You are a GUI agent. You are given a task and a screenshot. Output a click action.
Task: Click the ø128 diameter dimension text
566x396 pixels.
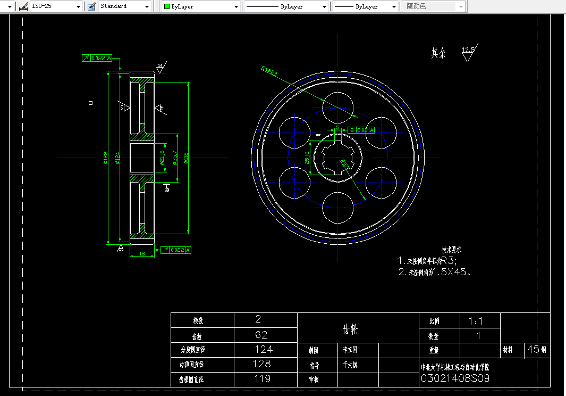[105, 158]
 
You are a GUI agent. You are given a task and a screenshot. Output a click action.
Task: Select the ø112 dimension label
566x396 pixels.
[186, 158]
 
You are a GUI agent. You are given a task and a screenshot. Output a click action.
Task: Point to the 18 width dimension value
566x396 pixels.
[142, 254]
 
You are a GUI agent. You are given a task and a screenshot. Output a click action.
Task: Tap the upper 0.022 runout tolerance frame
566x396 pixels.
[97, 58]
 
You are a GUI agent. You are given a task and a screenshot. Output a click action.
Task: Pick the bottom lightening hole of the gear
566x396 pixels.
[339, 207]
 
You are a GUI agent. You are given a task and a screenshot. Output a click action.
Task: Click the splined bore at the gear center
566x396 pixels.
[338, 157]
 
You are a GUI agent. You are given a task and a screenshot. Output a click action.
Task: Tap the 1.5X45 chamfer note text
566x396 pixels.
[452, 271]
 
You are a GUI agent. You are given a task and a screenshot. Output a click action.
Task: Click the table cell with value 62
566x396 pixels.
[261, 335]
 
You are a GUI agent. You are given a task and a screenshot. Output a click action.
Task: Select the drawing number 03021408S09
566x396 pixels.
[455, 378]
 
